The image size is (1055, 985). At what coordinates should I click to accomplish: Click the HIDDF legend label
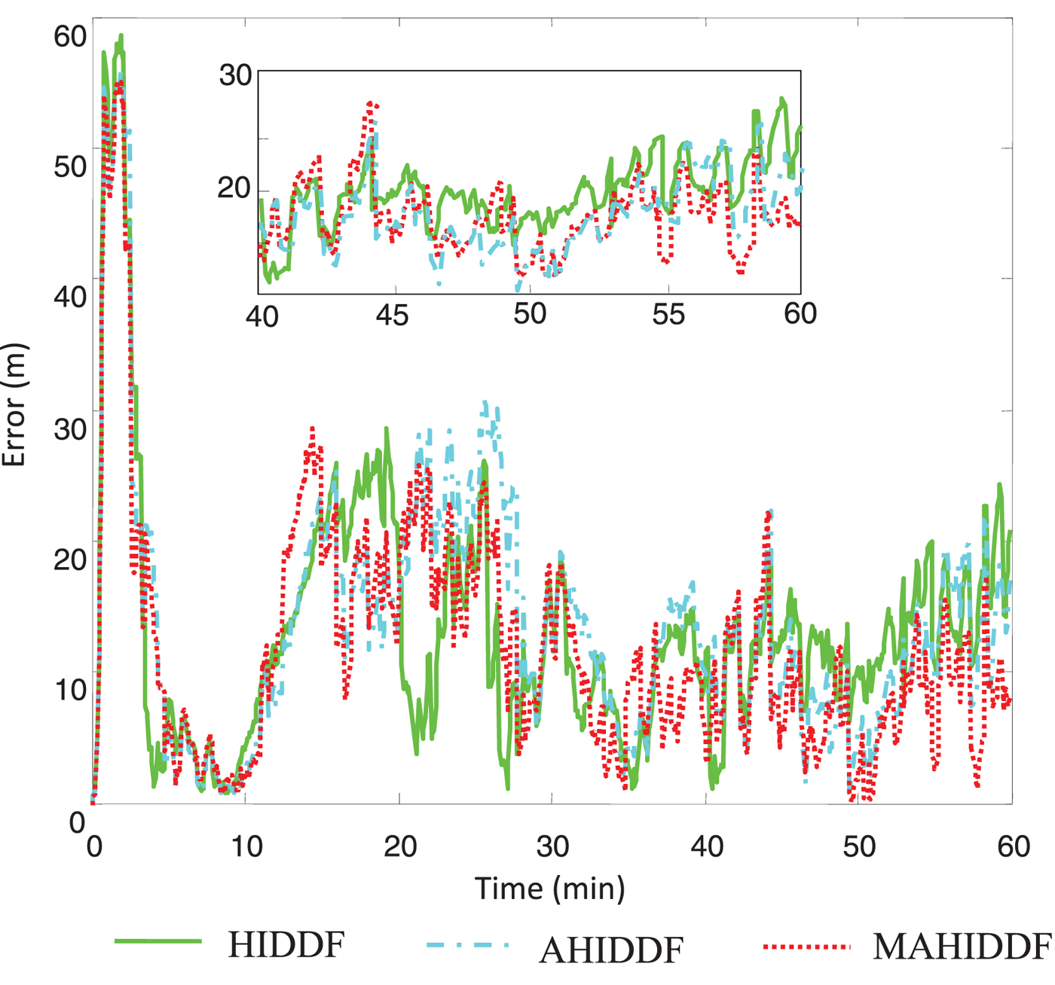coord(286,945)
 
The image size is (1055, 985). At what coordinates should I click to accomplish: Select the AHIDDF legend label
coord(611,950)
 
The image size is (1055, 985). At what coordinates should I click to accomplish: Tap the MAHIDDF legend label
coord(962,947)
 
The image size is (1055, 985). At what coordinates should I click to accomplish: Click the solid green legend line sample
coord(158,941)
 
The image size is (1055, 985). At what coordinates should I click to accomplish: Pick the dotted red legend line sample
coord(806,947)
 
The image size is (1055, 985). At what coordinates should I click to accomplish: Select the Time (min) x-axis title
coord(550,889)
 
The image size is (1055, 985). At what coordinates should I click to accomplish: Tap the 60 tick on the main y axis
coord(70,36)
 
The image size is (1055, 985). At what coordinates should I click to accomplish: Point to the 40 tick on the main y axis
coord(70,297)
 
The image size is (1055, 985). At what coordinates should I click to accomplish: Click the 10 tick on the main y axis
coord(70,689)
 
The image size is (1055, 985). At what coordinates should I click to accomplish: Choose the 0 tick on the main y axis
coord(77,822)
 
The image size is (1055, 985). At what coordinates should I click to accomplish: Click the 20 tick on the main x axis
coord(400,846)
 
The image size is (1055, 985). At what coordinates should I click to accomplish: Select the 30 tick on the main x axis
coord(552,846)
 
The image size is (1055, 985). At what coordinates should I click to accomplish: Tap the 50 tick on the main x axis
coord(859,846)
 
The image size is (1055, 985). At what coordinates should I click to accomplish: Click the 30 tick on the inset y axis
coord(235,75)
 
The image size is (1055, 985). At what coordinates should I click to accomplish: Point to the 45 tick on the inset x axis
coord(393,315)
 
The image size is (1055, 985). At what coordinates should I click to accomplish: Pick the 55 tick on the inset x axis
coord(668,314)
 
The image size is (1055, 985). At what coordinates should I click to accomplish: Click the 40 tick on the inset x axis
coord(262,316)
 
